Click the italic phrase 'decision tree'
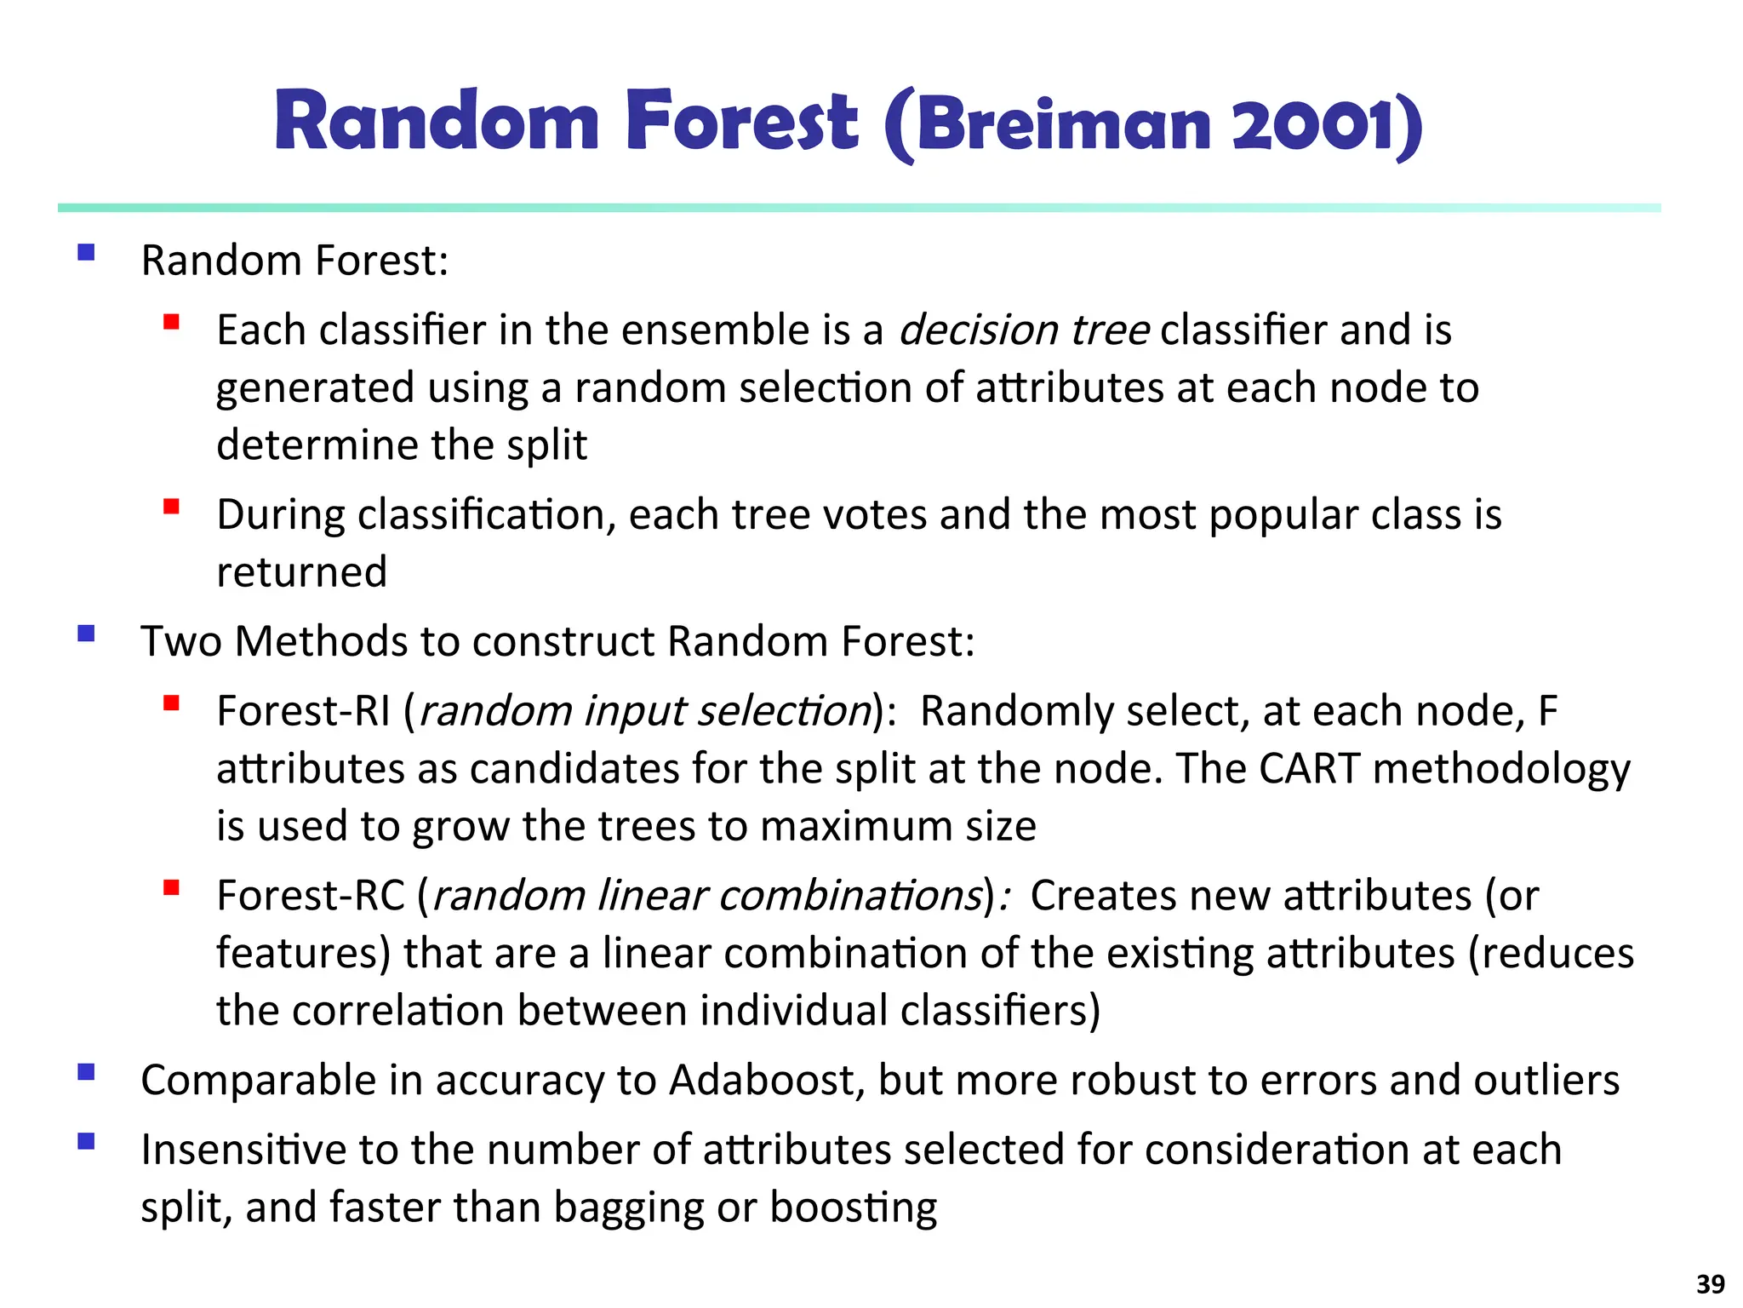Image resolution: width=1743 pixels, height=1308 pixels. [x=1024, y=330]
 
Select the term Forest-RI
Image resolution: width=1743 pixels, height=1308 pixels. [x=303, y=711]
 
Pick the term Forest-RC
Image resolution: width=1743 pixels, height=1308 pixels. [x=311, y=896]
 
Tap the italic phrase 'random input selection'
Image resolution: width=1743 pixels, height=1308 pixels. [x=645, y=712]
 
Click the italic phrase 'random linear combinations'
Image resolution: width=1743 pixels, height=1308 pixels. [x=707, y=897]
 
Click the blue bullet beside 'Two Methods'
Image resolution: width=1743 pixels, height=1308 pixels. [x=86, y=634]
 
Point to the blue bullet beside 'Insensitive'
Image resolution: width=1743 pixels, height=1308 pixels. [x=86, y=1141]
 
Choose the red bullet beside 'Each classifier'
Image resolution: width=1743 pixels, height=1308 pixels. [x=171, y=322]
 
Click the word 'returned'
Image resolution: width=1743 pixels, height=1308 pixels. [x=301, y=572]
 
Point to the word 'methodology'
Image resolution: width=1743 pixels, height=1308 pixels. [x=1501, y=769]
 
